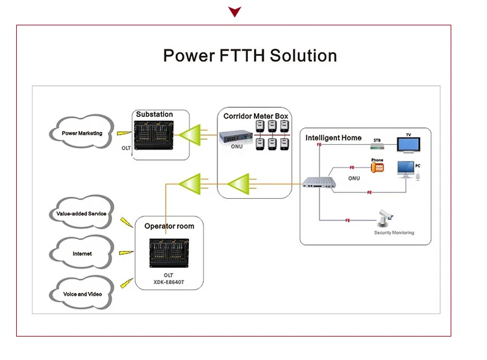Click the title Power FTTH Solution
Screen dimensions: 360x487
(x=250, y=55)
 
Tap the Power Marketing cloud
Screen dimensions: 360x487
(x=82, y=133)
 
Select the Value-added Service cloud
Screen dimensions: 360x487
(x=81, y=214)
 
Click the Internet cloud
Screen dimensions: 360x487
(x=82, y=254)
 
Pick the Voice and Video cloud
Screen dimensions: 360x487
(x=82, y=294)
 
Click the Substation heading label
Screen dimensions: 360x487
(x=155, y=114)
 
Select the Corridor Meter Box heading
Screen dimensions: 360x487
(x=256, y=116)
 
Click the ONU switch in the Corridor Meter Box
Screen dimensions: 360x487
(x=235, y=137)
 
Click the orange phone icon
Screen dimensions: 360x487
(x=377, y=168)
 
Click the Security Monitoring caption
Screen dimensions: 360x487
(x=393, y=233)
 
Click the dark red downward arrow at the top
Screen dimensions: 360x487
(x=234, y=12)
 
